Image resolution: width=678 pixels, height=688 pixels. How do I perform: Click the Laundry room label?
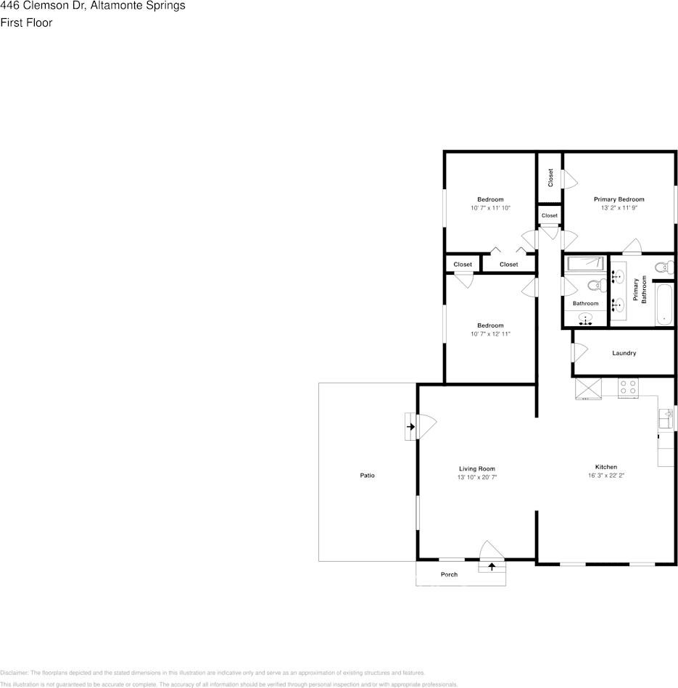click(x=624, y=353)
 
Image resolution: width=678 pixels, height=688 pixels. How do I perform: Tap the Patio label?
click(x=368, y=475)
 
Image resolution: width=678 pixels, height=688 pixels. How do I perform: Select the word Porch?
click(x=449, y=574)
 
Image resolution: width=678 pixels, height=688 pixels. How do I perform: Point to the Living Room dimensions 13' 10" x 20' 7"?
click(x=477, y=477)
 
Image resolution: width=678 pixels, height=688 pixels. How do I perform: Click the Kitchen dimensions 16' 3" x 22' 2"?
click(x=606, y=475)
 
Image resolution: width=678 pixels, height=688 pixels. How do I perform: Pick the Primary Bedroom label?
click(x=619, y=199)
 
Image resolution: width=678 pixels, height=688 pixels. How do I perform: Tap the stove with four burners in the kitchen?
click(x=628, y=388)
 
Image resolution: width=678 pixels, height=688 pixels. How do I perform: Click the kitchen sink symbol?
click(x=666, y=418)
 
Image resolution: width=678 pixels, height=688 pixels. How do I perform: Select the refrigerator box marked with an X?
click(x=588, y=389)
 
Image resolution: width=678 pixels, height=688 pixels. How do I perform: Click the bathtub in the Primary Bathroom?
click(x=664, y=304)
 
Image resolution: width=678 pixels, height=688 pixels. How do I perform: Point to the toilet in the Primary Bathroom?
click(x=664, y=267)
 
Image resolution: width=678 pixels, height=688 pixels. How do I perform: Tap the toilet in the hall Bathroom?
click(x=598, y=286)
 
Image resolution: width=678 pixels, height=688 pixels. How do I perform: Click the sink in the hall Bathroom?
click(x=585, y=318)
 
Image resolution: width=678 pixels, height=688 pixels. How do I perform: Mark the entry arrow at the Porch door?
click(x=492, y=566)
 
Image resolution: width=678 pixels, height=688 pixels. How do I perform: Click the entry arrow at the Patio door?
click(x=410, y=426)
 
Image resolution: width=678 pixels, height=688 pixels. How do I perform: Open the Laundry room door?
click(x=579, y=352)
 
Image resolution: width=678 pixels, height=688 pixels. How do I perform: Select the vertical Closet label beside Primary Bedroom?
click(x=550, y=178)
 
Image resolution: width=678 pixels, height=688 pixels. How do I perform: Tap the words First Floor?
click(x=26, y=22)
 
